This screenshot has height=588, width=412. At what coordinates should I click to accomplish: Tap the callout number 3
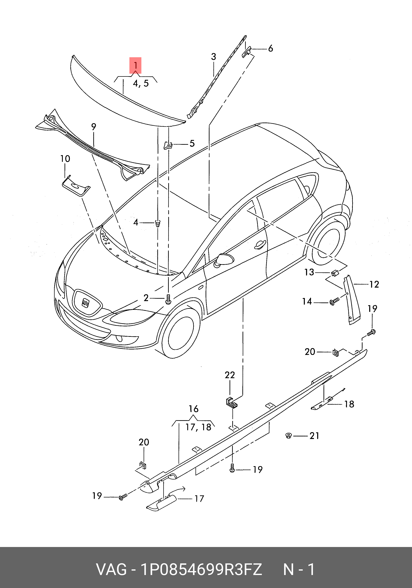coord(213,57)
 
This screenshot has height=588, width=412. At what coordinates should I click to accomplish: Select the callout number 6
coord(270,48)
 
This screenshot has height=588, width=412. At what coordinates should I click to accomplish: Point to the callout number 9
coord(94,127)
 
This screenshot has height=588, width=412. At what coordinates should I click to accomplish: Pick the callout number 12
coord(374,284)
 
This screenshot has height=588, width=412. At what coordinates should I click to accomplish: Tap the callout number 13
coord(309,272)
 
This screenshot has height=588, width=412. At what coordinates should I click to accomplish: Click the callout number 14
coord(307,301)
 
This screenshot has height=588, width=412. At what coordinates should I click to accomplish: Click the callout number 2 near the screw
coord(146,298)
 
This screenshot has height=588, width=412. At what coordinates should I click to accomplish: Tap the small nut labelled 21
coord(289,435)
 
